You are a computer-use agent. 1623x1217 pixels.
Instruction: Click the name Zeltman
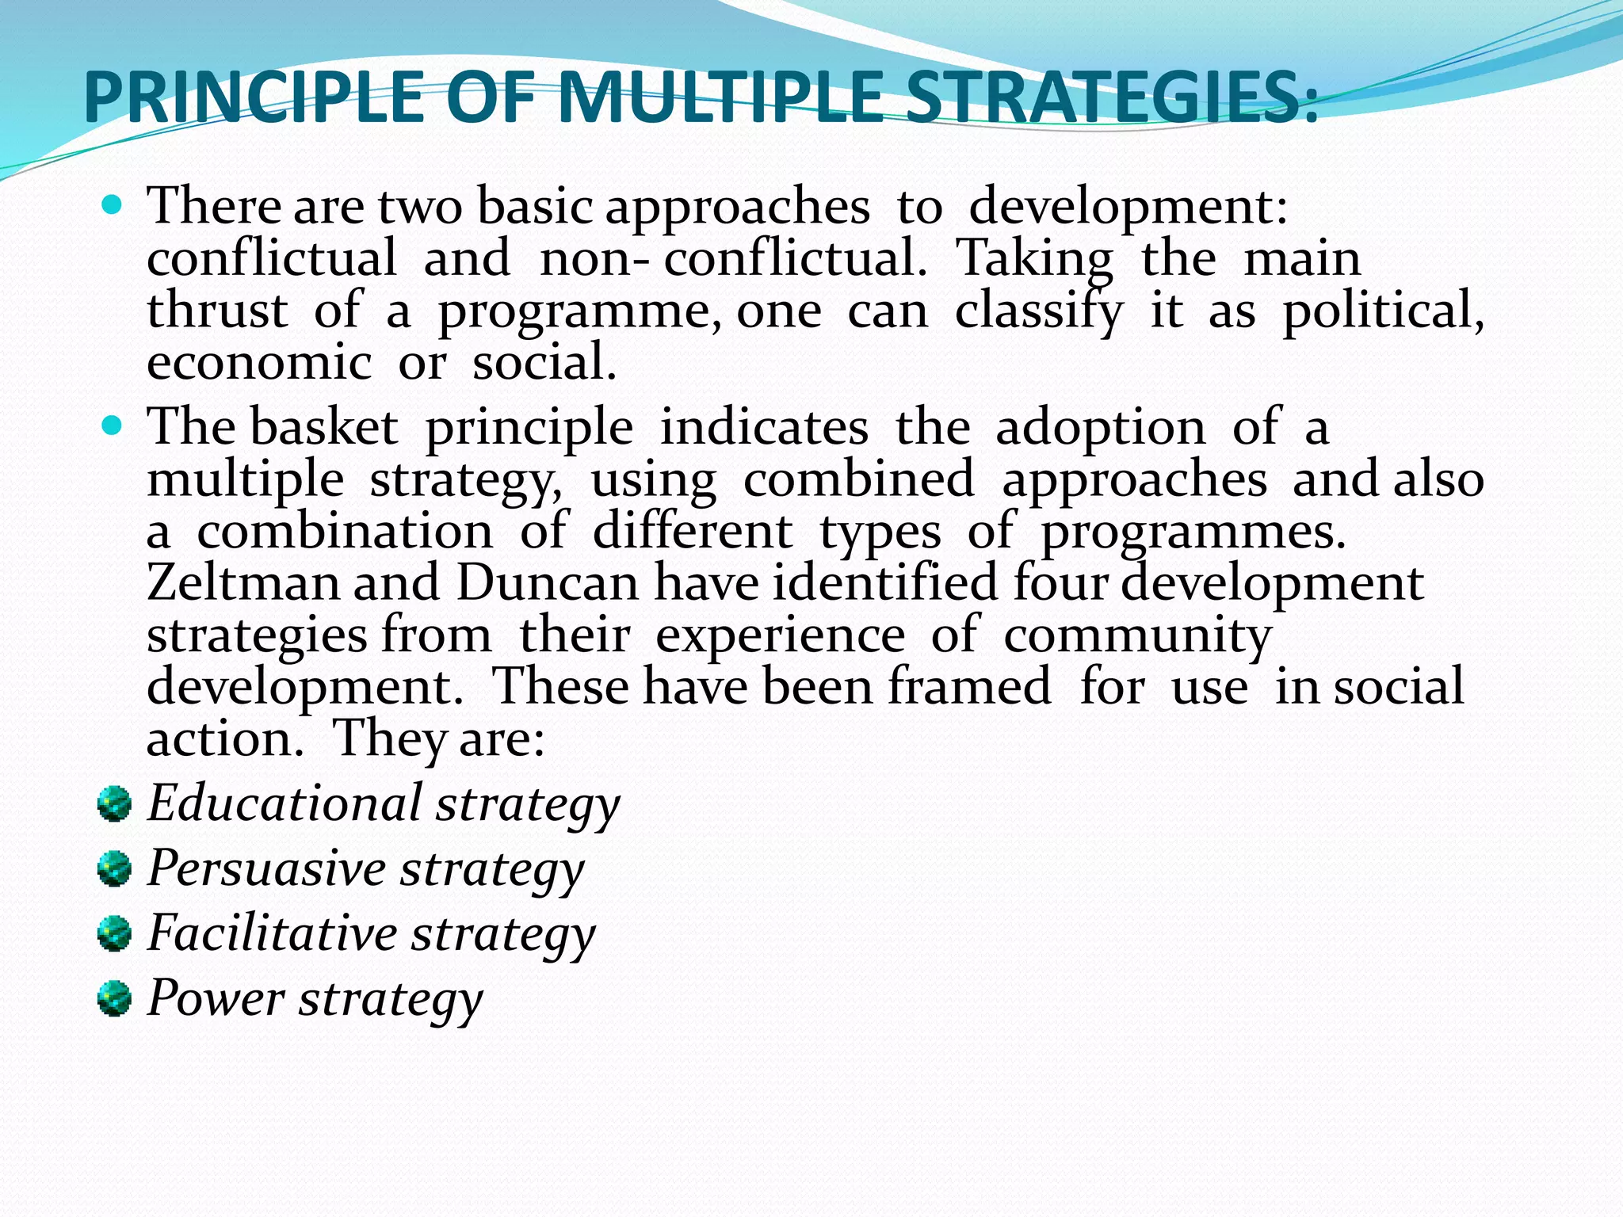242,584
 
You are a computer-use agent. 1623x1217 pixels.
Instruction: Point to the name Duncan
547,584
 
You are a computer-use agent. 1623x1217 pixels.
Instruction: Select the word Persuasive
266,868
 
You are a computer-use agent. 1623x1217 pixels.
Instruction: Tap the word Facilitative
273,933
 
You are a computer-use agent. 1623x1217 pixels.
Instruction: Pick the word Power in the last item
216,998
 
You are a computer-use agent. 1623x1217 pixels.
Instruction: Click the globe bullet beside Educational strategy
114,804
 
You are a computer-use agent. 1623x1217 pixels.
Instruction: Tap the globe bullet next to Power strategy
114,999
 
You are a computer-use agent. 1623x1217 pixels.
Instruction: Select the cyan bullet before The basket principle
113,427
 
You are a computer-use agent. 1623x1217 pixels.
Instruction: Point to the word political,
1383,311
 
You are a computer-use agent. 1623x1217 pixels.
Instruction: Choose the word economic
259,364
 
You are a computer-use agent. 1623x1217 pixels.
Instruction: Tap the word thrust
216,311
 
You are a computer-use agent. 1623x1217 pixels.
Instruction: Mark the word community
1137,636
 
